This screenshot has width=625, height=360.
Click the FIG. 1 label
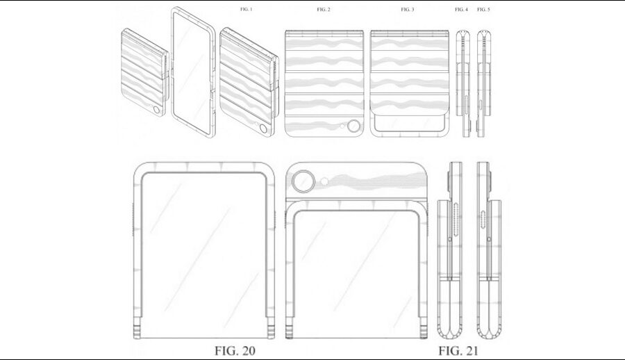click(x=246, y=9)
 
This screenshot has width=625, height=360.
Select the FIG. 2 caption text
click(x=323, y=9)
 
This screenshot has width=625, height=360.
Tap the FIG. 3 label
click(x=408, y=9)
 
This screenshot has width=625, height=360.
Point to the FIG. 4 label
click(x=461, y=9)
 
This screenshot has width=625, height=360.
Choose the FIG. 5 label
click(x=483, y=9)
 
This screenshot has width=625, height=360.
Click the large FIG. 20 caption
click(x=235, y=351)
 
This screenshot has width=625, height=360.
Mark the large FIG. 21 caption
click(x=458, y=351)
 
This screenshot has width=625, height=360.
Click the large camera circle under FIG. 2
click(x=353, y=126)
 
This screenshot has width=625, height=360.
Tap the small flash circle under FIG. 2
click(x=342, y=126)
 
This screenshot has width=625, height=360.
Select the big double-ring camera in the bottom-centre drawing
click(x=303, y=181)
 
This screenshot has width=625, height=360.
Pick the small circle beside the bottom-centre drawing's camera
click(x=325, y=182)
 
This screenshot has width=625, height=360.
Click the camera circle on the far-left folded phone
click(x=156, y=110)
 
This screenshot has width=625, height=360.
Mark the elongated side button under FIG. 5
click(x=481, y=104)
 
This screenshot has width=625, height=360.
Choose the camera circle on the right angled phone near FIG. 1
click(x=262, y=129)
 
